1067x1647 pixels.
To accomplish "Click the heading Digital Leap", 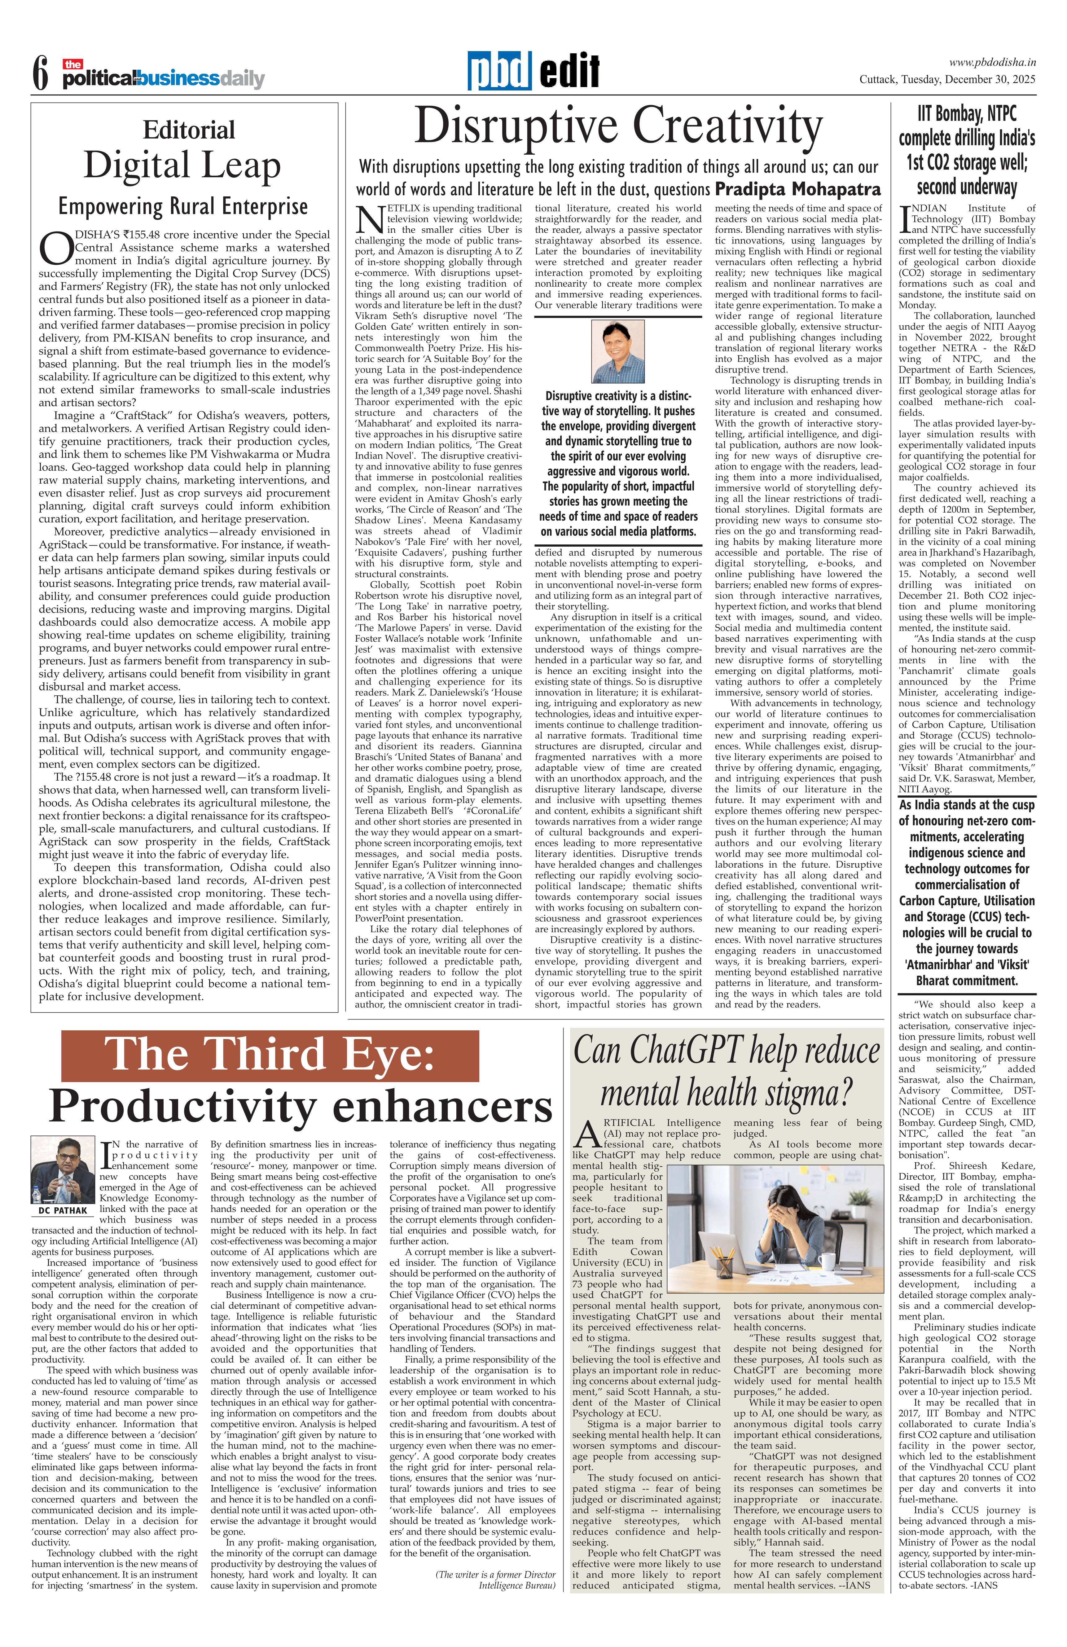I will click(182, 165).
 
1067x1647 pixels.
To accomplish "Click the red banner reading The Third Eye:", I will click(270, 1055).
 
